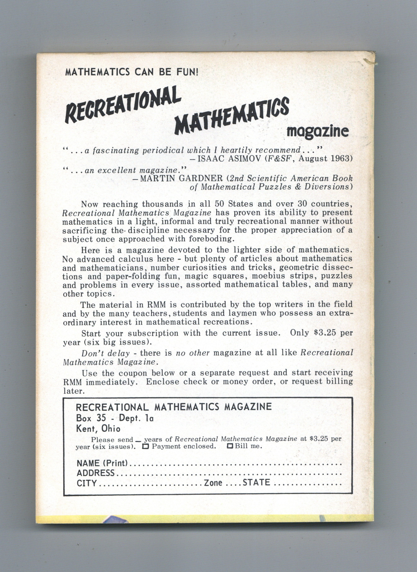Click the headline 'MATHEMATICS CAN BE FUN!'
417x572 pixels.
[x=132, y=72]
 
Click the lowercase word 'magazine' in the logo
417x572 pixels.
[x=317, y=132]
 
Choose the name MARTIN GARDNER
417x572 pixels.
[x=181, y=178]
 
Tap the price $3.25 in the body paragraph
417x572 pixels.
[x=325, y=333]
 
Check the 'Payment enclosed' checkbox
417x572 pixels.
[x=145, y=447]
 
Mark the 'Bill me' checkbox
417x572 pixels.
[x=230, y=447]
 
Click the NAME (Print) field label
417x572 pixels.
[x=102, y=463]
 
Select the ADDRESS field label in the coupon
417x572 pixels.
[x=96, y=473]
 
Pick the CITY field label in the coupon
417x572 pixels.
[x=87, y=483]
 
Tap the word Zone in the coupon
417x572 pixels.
[x=213, y=483]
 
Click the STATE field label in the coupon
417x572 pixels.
[x=256, y=483]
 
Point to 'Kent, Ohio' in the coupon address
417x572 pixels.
[x=98, y=429]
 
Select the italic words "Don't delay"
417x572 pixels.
[x=106, y=353]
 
